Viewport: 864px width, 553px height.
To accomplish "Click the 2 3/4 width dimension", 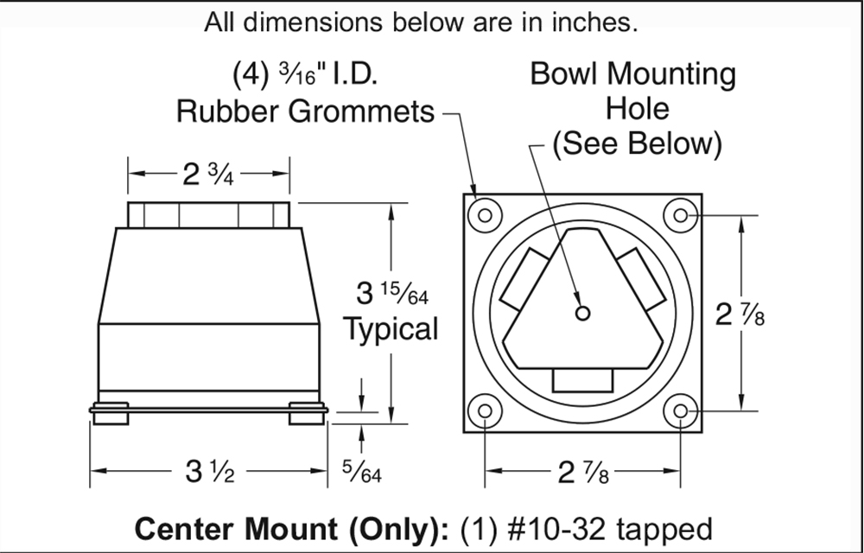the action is pos(208,175).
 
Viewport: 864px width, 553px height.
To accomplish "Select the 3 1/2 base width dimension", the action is pos(209,472).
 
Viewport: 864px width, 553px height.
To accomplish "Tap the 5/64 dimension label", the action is pos(361,472).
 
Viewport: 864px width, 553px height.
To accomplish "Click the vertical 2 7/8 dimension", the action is pos(740,315).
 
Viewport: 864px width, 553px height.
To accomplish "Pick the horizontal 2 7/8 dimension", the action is pos(583,473).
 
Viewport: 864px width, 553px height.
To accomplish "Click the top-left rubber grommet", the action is pos(485,215).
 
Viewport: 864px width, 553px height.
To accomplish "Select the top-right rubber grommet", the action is pos(681,215).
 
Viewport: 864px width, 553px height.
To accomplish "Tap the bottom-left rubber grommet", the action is pos(485,411).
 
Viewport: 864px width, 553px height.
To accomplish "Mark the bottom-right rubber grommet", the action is pos(681,411).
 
